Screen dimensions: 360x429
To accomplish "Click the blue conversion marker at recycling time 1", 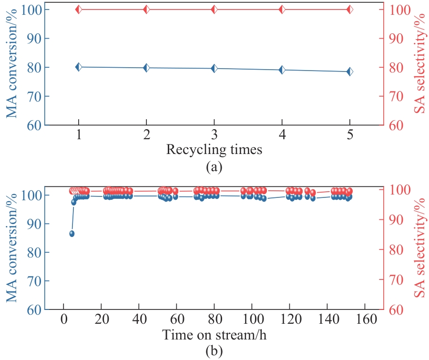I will pos(79,67).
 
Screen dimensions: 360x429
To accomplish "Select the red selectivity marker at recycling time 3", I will pos(214,10).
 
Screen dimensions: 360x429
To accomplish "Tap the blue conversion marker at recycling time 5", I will pos(350,72).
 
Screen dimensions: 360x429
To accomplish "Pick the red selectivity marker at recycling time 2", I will pos(146,10).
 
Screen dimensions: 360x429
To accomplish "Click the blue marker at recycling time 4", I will pos(282,70).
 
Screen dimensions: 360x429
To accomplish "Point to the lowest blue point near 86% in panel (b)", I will pos(72,234).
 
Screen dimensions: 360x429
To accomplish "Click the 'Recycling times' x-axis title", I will pos(214,150).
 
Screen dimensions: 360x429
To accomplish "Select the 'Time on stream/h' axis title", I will pos(214,335).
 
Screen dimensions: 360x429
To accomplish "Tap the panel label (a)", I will pos(214,167).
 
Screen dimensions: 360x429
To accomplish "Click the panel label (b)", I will pos(214,352).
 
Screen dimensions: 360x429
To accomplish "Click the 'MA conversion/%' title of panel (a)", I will pos(11,67).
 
